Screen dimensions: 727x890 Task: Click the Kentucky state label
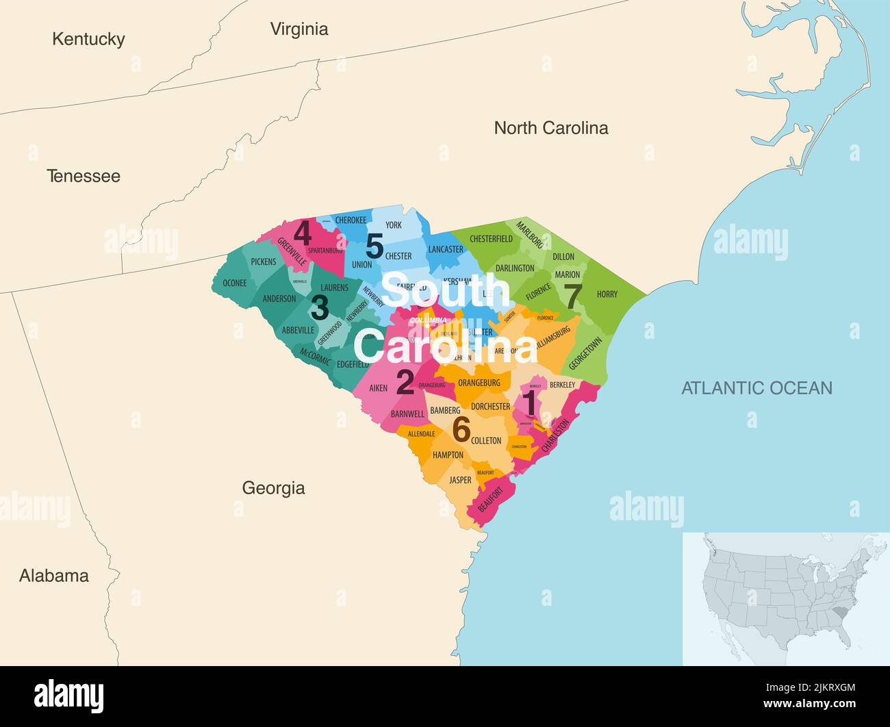(x=88, y=39)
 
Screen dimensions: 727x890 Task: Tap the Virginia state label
(x=299, y=29)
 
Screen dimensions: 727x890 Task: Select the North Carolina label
(x=550, y=128)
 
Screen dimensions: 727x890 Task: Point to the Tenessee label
(x=84, y=176)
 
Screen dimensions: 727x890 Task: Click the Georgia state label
(x=273, y=488)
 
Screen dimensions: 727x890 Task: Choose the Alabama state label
(x=54, y=576)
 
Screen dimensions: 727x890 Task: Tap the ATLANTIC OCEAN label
(x=756, y=388)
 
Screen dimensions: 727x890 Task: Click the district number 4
(x=303, y=234)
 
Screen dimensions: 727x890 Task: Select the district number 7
(x=573, y=296)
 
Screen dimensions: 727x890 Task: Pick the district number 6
(x=461, y=430)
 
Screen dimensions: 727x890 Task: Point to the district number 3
(x=319, y=308)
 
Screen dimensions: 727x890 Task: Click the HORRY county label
(x=607, y=294)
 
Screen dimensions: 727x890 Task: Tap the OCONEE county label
(x=235, y=283)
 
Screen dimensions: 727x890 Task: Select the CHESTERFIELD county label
(x=490, y=239)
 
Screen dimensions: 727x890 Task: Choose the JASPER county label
(x=460, y=481)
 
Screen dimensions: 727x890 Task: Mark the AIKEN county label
(x=378, y=388)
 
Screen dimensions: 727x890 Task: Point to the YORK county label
(x=393, y=225)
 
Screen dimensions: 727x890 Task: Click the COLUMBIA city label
(x=428, y=320)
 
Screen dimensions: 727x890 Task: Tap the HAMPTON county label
(x=448, y=455)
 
